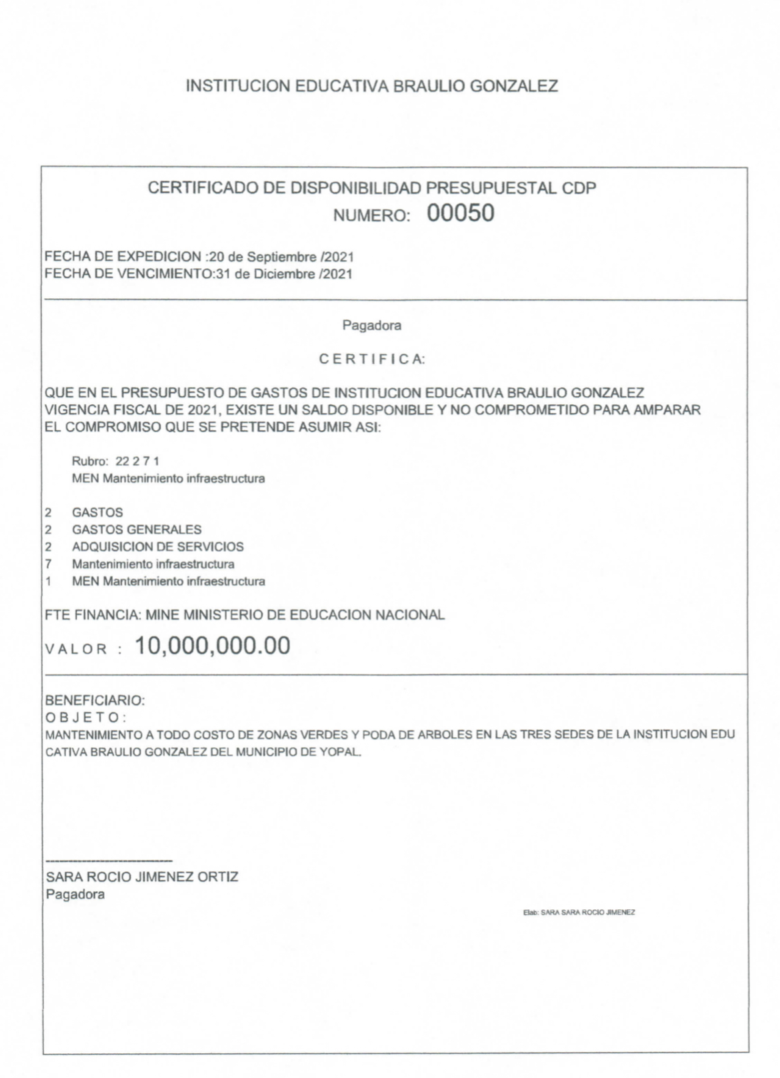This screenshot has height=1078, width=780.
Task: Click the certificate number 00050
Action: point(460,213)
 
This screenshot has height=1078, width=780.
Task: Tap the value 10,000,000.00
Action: point(213,646)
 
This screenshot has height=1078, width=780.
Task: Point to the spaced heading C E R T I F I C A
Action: point(371,360)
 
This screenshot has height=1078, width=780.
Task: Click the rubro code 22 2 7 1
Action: point(137,461)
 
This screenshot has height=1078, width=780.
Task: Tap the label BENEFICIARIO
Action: point(95,700)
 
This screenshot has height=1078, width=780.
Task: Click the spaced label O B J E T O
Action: point(85,718)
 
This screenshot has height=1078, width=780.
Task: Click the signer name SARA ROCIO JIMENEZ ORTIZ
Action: point(142,877)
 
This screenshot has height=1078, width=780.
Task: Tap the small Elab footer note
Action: point(579,912)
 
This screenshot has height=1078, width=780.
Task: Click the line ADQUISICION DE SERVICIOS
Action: point(158,547)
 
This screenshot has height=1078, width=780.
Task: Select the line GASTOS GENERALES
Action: point(137,530)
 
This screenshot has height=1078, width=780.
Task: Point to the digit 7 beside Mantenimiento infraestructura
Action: point(49,564)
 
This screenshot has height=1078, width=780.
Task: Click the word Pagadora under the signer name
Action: point(75,894)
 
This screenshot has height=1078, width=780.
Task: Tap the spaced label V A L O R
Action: point(77,649)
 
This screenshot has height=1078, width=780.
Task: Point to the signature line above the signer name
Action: point(109,861)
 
